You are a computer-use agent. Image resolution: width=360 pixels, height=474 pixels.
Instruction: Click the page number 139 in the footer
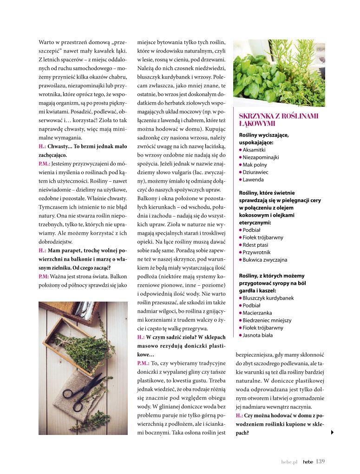[320, 461]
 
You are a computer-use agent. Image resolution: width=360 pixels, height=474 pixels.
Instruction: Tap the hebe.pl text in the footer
[289, 462]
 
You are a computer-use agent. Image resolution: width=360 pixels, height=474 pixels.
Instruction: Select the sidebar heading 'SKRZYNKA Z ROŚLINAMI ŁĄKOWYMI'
[271, 120]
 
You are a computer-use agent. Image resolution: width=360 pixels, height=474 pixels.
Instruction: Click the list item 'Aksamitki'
[254, 150]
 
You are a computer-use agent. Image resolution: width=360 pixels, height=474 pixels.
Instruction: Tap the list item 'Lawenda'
[253, 179]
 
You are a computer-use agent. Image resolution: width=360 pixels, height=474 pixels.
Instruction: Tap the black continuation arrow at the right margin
[332, 433]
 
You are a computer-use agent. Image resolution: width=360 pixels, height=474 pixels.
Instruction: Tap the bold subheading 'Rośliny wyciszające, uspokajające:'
[264, 138]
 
